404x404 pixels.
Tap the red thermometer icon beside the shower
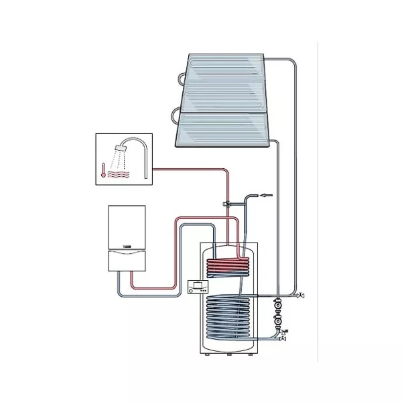pos(103,171)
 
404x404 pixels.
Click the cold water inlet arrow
pos(267,196)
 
